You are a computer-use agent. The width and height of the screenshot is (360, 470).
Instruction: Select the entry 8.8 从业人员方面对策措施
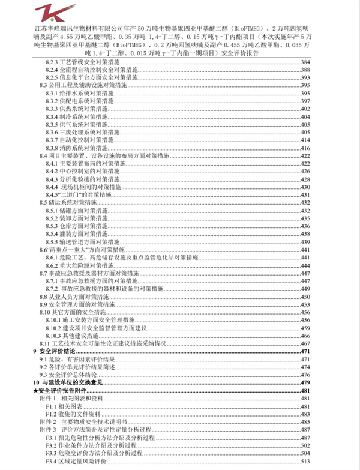point(78,296)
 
